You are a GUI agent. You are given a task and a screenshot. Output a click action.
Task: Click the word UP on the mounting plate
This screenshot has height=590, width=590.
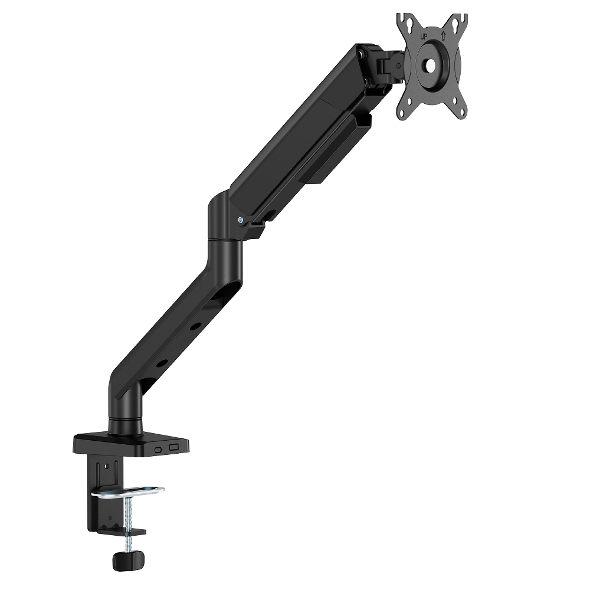point(424,37)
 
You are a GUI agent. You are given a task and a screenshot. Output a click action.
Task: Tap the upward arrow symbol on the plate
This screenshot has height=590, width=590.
point(443,36)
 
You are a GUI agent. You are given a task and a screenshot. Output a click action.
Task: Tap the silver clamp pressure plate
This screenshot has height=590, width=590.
point(128,492)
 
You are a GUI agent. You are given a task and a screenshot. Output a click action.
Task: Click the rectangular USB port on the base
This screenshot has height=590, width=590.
point(174,448)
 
